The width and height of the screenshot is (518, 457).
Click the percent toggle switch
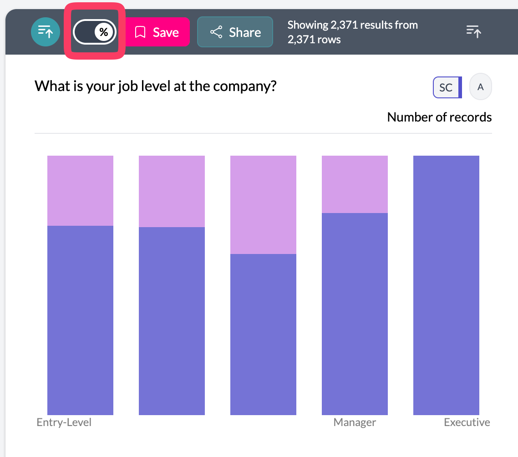(95, 32)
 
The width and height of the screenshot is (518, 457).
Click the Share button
(235, 32)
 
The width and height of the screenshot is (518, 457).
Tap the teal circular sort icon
(45, 32)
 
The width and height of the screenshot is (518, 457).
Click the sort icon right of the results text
(474, 31)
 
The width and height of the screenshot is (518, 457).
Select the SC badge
(447, 87)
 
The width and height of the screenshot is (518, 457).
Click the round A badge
(480, 86)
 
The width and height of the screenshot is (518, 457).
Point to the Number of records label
(439, 117)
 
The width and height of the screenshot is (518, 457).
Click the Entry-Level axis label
(64, 422)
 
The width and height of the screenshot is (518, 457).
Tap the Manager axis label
(355, 422)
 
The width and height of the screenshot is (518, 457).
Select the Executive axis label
(467, 422)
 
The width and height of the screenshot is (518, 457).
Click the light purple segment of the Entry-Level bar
(80, 190)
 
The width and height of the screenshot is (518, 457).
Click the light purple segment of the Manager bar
(355, 184)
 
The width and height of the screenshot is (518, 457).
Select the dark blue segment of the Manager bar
(355, 314)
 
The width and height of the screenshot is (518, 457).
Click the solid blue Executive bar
(446, 285)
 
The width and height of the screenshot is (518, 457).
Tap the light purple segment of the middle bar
(263, 204)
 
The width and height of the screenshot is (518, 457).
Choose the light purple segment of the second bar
(172, 191)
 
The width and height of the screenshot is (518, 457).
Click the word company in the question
(246, 86)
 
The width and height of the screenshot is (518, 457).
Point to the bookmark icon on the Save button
(140, 32)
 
